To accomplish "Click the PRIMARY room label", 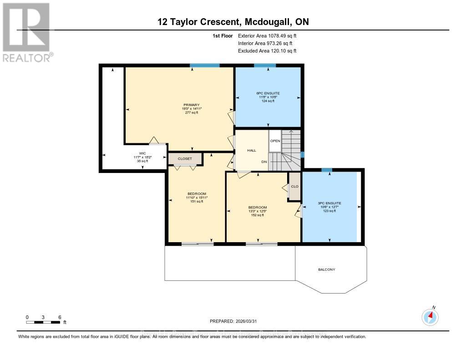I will pos(192,105).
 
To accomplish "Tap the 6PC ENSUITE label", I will pos(268,93).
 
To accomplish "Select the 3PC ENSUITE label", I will pos(329,203).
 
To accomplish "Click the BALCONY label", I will pos(326,269).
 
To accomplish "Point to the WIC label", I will pos(142,153).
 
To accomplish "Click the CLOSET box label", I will pos(185,159).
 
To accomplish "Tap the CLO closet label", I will pos(294,186).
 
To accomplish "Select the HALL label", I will pos(252,150).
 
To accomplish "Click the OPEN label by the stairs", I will pos(275,141).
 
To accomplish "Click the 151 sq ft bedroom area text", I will pos(197,201).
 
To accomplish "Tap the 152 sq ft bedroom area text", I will pos(257,215).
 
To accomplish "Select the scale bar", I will pos(43,322).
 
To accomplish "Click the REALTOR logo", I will pos(27,32).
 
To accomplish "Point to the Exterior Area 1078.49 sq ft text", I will pos(268,35).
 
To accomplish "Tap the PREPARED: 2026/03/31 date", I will pos(233,321).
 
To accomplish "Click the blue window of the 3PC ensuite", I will pos(326,170).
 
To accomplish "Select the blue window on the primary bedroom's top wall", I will pos(204,65).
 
